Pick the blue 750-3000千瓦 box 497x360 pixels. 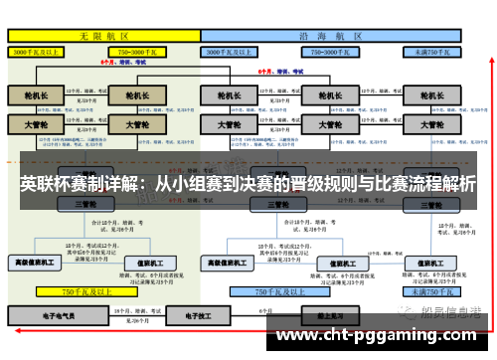click(x=333, y=50)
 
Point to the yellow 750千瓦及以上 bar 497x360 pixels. click(x=87, y=292)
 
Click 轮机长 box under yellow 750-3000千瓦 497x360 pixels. click(x=130, y=96)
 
